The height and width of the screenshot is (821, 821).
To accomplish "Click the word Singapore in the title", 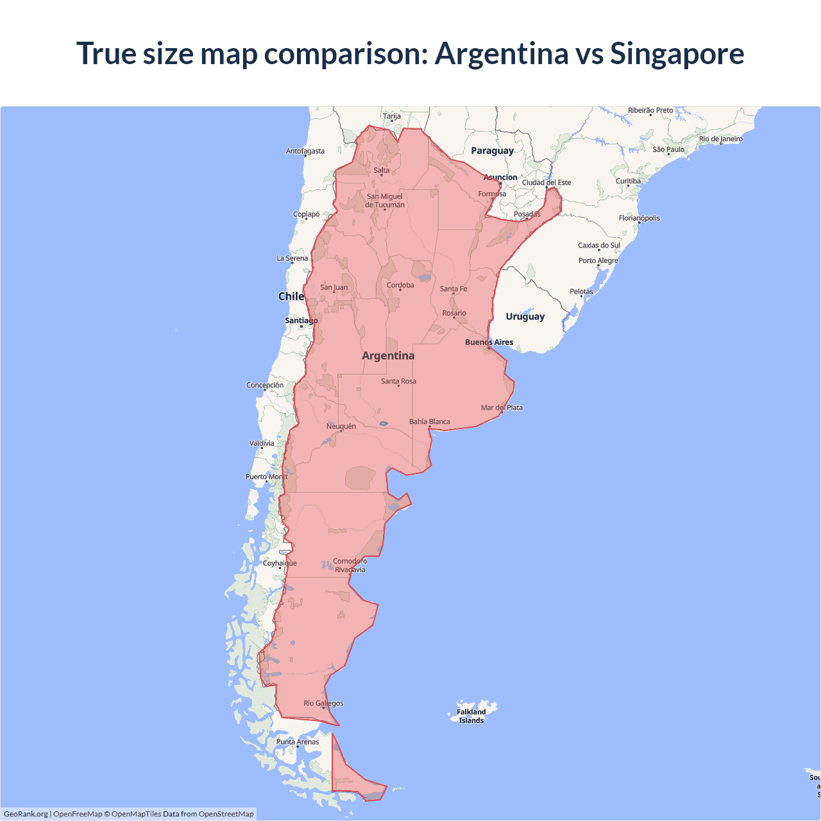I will tap(677, 53).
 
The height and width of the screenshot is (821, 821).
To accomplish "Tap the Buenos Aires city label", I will tap(489, 342).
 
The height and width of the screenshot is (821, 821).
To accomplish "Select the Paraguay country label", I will tap(492, 151).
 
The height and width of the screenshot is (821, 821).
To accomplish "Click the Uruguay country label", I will tap(525, 316).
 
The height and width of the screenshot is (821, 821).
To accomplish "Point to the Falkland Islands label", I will tap(471, 716).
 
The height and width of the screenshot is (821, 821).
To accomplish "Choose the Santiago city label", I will tap(301, 320).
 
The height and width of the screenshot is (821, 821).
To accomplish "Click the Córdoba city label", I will tap(400, 285).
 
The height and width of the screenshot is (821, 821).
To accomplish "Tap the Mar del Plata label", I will tap(502, 407).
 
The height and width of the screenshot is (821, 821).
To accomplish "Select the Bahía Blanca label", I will tap(430, 421).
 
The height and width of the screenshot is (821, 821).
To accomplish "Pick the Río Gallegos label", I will tap(323, 703).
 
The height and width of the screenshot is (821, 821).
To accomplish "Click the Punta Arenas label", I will tap(298, 741).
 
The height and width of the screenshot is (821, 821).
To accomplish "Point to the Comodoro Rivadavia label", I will tap(350, 565).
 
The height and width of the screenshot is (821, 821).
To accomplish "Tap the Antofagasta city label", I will tap(305, 151).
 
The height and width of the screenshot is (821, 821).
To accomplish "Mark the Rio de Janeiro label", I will tap(721, 139).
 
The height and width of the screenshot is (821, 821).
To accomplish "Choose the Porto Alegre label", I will tap(598, 260).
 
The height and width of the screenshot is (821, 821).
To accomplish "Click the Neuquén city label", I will tap(341, 426).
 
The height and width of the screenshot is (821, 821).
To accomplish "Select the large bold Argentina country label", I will tap(388, 355).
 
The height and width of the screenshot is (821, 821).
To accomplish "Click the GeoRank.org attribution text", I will tap(26, 814).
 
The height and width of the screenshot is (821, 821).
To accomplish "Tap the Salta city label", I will tap(382, 170).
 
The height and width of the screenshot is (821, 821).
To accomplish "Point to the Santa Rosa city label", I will tap(398, 381).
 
